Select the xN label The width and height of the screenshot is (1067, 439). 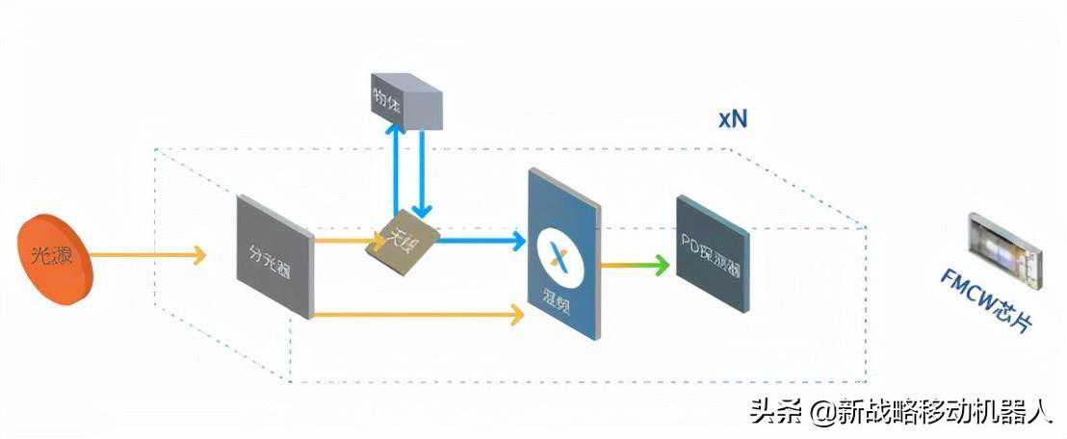click(x=732, y=119)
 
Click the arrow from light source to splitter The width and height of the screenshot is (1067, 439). click(x=149, y=254)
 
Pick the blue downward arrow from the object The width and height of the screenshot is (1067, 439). click(x=421, y=173)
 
